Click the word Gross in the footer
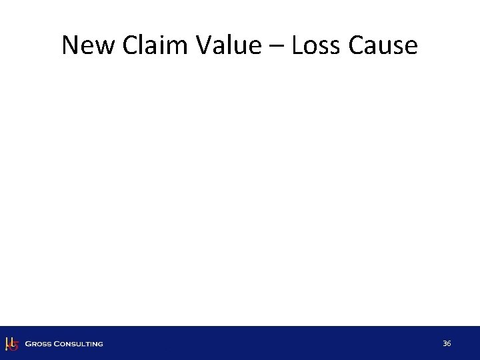click(x=38, y=344)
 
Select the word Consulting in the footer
click(x=79, y=344)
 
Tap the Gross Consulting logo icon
click(x=11, y=343)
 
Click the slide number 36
click(x=447, y=343)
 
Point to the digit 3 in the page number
click(x=445, y=343)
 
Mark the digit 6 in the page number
click(x=449, y=343)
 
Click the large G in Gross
click(x=28, y=344)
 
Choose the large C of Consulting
click(x=57, y=344)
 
